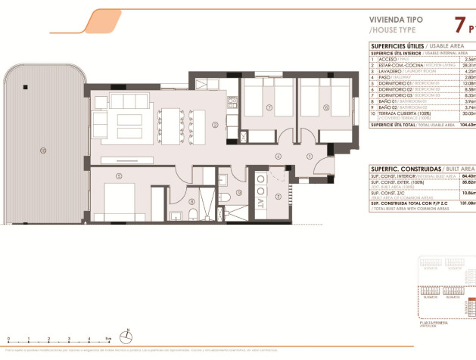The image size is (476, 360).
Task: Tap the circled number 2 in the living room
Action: click(x=215, y=125)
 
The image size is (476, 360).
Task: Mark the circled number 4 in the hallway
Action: click(x=278, y=157)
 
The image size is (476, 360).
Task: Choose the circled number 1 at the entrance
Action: click(x=309, y=157)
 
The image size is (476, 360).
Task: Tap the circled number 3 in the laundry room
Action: click(x=278, y=197)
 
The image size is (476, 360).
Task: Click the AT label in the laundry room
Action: click(x=261, y=202)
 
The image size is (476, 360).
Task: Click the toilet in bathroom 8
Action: click(x=194, y=218)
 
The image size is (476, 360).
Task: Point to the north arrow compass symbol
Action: click(x=129, y=332)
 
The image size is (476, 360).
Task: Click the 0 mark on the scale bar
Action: click(x=7, y=338)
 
